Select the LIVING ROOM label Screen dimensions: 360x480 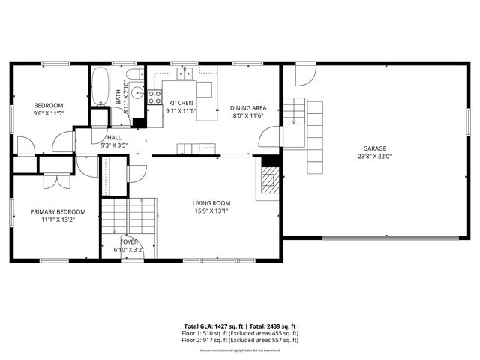pyautogui.click(x=211, y=203)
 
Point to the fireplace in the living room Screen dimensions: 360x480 pyautogui.click(x=268, y=180)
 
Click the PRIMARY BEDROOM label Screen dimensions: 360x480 pyautogui.click(x=52, y=211)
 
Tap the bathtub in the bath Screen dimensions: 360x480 pyautogui.click(x=100, y=86)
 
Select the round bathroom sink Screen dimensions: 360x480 pyautogui.click(x=136, y=93)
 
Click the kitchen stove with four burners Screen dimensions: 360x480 pyautogui.click(x=154, y=96)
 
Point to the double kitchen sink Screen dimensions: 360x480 pyautogui.click(x=185, y=73)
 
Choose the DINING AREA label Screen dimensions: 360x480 pyautogui.click(x=248, y=108)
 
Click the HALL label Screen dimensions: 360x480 pyautogui.click(x=114, y=138)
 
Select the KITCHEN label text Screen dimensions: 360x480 pyautogui.click(x=181, y=103)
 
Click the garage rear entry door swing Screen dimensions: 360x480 pyautogui.click(x=304, y=75)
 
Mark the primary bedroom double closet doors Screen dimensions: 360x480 pyautogui.click(x=53, y=181)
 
